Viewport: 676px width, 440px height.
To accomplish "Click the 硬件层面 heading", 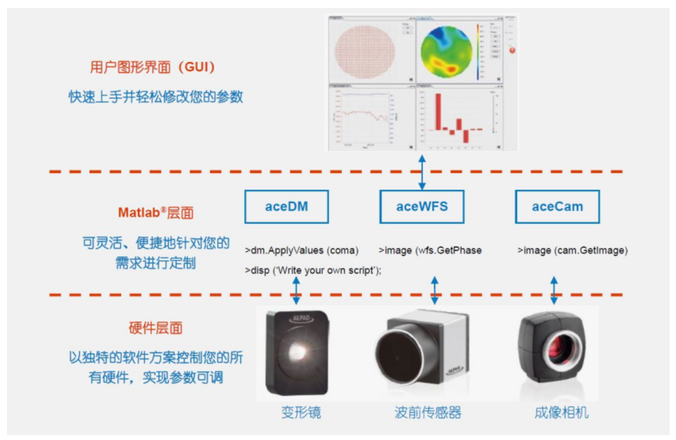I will click(x=155, y=327).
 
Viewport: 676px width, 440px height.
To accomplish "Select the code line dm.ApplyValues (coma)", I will click(x=302, y=251).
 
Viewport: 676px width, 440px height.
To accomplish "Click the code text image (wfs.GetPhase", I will click(x=430, y=251).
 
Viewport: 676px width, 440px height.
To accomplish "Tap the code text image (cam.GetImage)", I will click(x=573, y=251).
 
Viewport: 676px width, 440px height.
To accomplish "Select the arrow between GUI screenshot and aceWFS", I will click(x=422, y=172).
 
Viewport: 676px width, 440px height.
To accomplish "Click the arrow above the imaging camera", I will click(x=554, y=291).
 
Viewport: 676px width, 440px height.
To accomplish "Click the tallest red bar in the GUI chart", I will click(x=438, y=112).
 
